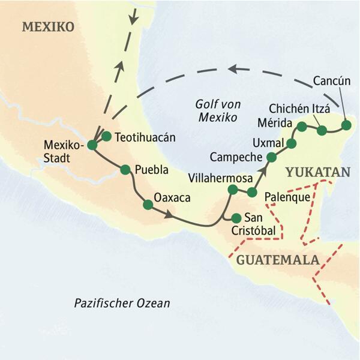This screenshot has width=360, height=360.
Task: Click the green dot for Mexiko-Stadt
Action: (92, 145)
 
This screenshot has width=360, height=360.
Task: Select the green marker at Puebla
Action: (125, 170)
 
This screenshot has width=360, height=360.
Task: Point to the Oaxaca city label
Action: (172, 197)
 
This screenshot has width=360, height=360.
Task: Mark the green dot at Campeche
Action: (271, 157)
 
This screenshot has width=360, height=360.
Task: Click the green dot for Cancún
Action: (346, 125)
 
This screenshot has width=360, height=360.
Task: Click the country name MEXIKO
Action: (47, 27)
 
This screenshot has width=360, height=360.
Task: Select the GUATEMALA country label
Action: (277, 260)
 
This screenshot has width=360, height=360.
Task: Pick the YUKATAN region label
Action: (317, 172)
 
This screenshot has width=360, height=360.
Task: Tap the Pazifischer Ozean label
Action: (122, 303)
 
